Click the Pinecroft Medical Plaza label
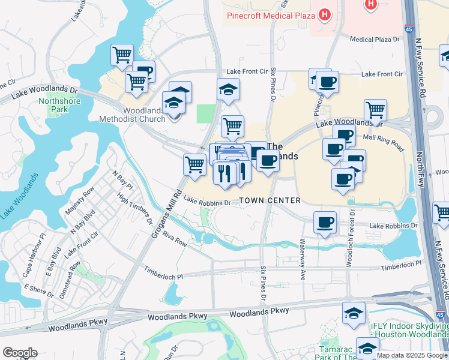270,15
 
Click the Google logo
20,353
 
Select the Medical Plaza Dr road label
375,40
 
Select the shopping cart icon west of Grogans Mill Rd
194,163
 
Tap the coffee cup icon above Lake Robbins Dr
325,223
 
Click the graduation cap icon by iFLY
354,313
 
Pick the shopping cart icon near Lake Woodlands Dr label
375,110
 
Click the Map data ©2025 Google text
412,355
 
